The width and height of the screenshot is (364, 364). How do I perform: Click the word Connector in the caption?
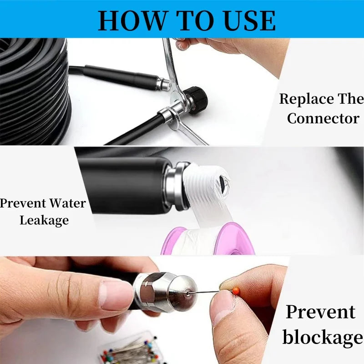click(x=323, y=118)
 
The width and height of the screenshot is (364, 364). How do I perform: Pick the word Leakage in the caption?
click(x=44, y=220)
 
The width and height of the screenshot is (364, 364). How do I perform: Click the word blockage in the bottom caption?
click(x=323, y=337)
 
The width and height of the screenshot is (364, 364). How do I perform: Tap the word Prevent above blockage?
click(x=320, y=312)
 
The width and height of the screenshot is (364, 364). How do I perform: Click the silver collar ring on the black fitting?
click(x=177, y=186)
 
